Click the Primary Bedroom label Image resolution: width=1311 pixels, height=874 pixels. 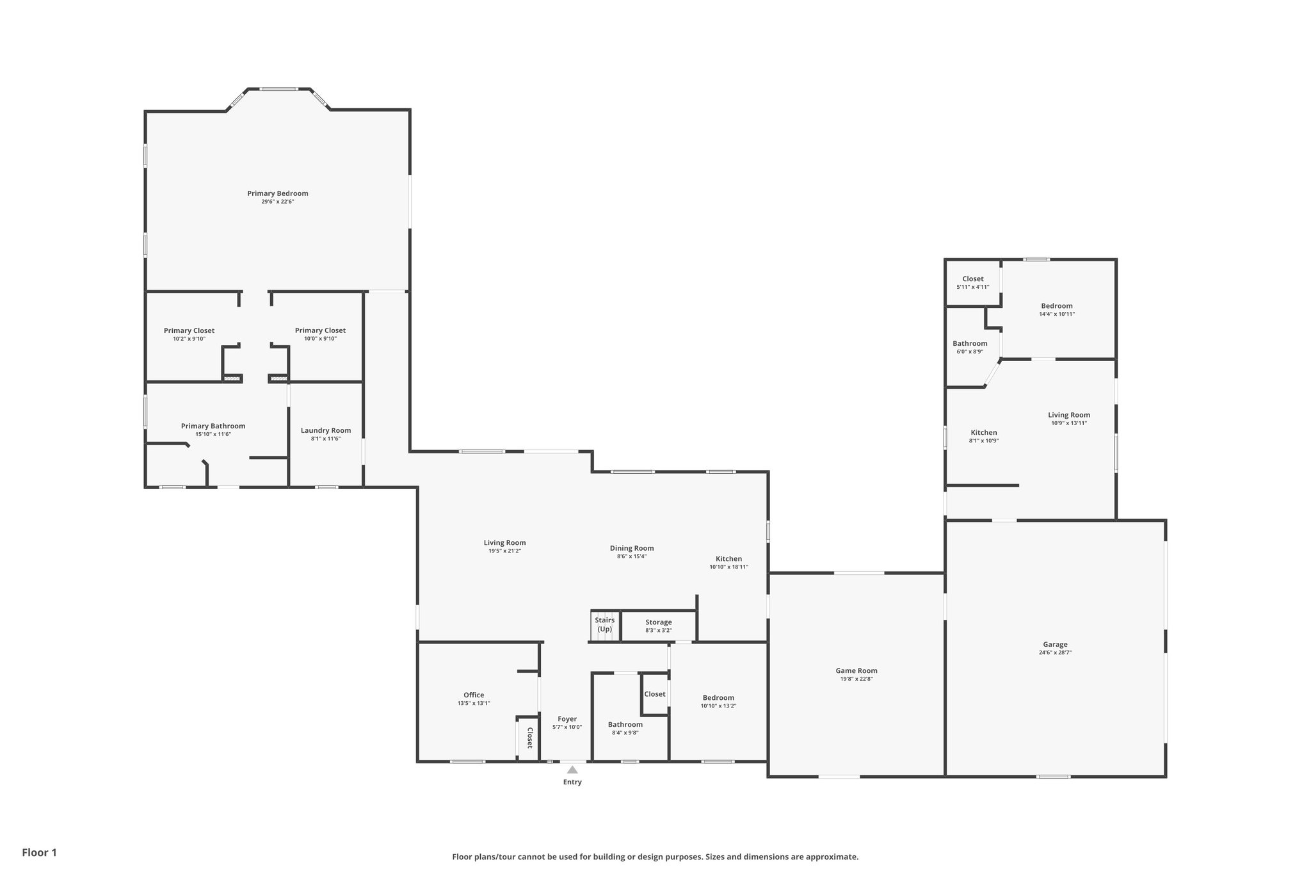(278, 193)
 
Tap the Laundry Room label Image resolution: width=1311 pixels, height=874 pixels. (326, 430)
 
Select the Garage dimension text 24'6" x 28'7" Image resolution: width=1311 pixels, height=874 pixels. (1055, 652)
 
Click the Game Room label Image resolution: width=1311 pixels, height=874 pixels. (857, 670)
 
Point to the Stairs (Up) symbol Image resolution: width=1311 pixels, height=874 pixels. (604, 625)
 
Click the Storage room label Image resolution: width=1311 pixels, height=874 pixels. (658, 622)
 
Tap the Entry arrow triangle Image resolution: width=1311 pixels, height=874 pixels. (572, 770)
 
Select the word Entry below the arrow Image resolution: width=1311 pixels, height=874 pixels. (572, 782)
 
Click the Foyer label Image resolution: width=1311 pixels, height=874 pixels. (567, 719)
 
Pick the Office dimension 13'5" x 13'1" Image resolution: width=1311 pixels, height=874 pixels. (474, 703)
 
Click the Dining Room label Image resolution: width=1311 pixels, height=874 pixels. (632, 548)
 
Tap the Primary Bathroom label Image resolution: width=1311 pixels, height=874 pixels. (213, 426)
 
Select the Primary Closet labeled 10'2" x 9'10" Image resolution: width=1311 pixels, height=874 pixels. (189, 330)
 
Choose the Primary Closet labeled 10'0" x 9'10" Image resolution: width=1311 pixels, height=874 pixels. (320, 330)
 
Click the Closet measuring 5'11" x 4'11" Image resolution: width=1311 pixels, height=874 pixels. (973, 279)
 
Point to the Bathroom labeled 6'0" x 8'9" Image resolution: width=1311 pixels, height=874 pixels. (970, 344)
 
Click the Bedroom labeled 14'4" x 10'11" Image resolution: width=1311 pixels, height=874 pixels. (1057, 306)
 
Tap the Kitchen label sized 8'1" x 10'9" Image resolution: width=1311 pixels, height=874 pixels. (984, 433)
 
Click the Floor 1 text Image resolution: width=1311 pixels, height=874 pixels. (40, 852)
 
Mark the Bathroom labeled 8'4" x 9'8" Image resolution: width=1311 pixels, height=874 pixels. (625, 725)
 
